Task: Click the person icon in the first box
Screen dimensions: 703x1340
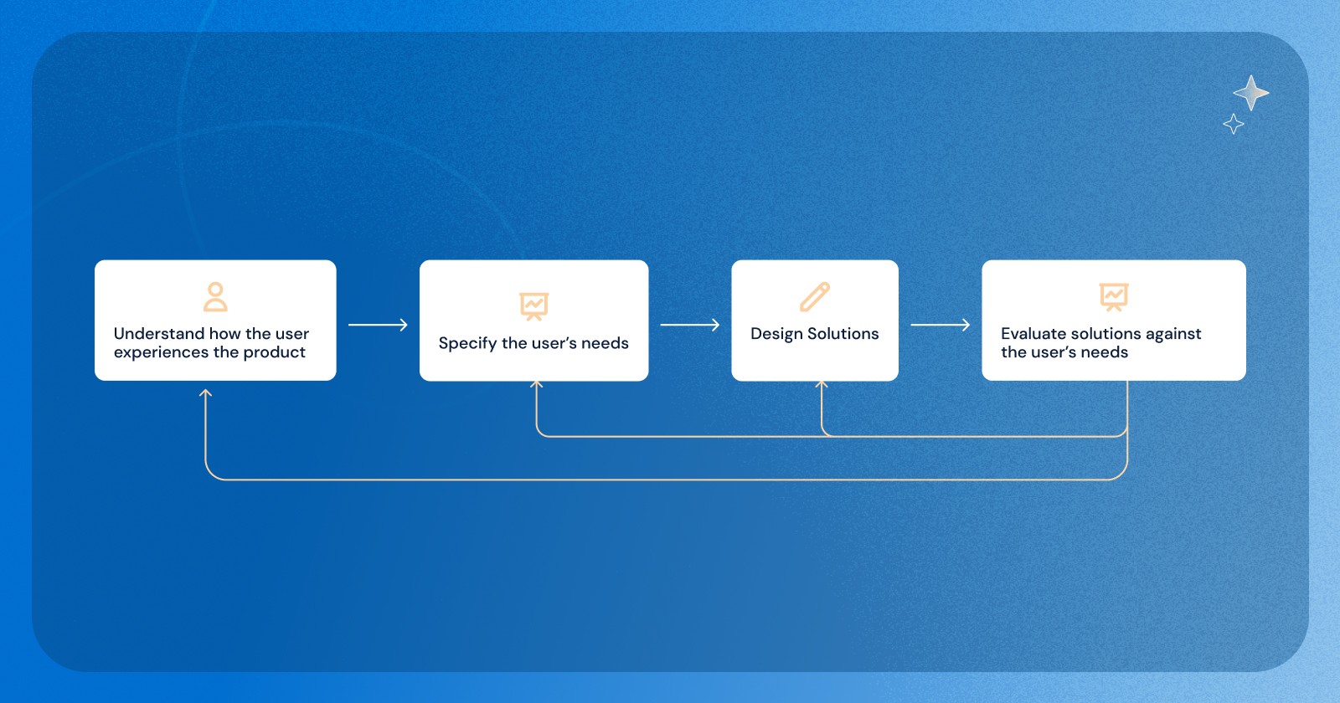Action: pos(215,296)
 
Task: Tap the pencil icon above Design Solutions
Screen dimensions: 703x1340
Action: pos(814,296)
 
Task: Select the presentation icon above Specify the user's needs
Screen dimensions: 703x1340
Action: pos(533,306)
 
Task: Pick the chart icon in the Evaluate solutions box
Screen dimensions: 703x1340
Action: pos(1114,296)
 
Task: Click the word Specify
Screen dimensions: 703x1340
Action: pos(467,343)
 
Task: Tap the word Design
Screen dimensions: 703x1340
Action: pos(776,334)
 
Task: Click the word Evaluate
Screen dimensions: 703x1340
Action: pos(1033,334)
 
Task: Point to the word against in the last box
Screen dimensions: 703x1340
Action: pos(1173,334)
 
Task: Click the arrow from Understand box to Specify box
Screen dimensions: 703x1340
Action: pos(378,325)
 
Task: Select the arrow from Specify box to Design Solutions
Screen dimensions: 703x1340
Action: pos(689,325)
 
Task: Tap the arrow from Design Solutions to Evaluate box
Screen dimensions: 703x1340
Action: pos(940,325)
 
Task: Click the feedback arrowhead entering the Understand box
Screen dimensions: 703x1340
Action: pos(206,392)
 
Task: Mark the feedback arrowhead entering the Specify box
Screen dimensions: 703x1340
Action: pos(537,384)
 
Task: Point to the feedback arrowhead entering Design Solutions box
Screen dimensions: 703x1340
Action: pos(822,384)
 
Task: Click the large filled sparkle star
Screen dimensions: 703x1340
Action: pos(1250,93)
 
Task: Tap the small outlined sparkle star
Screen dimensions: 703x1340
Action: pos(1233,125)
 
